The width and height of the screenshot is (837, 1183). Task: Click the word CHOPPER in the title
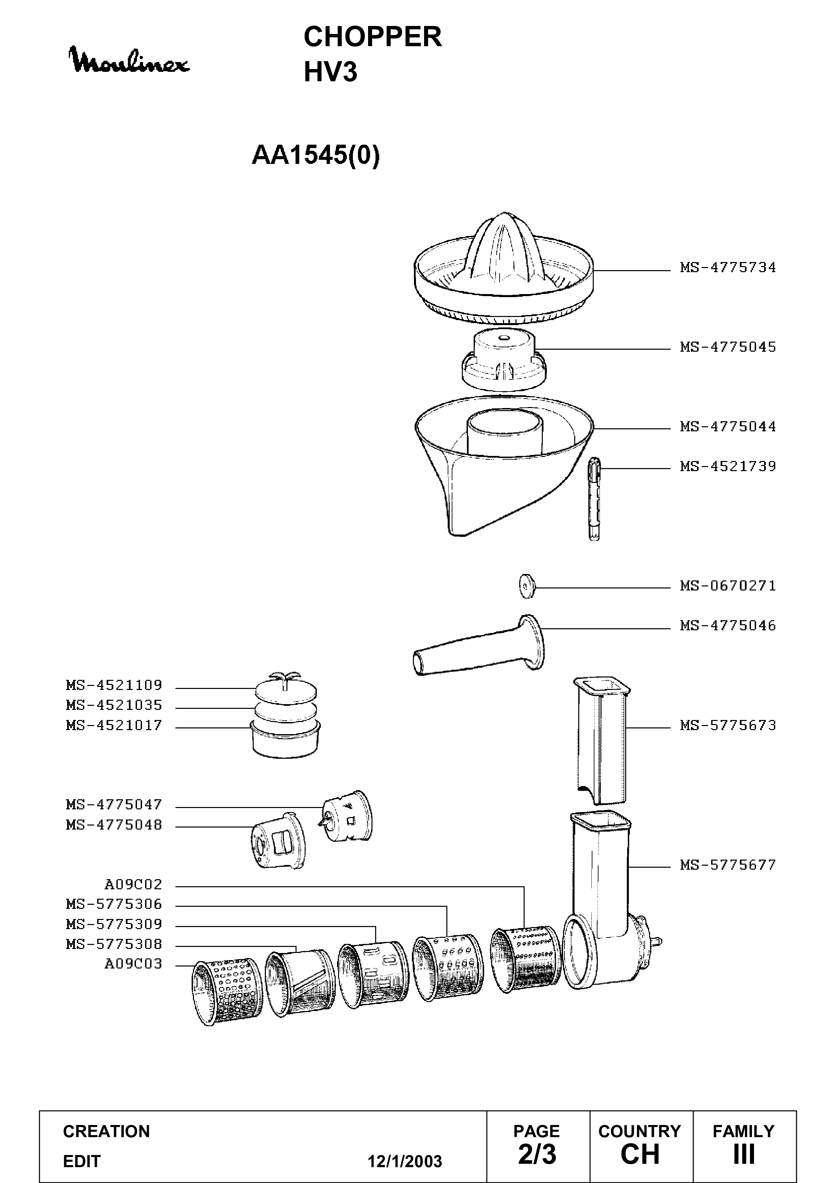tap(373, 37)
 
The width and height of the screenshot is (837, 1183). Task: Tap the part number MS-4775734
tap(728, 267)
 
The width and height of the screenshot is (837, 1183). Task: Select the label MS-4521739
tap(728, 466)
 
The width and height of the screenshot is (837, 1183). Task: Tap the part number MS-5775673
tap(728, 725)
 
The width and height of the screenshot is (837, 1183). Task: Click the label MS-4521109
tap(114, 685)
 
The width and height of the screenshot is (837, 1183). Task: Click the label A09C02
tap(134, 885)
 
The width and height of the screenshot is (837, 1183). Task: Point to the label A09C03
tap(134, 964)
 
